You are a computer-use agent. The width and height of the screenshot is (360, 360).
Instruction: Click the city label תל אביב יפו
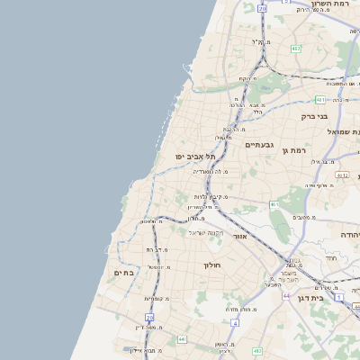(195, 157)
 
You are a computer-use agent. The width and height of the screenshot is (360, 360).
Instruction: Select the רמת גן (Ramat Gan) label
(294, 150)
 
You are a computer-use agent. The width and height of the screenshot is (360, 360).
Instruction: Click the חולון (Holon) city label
(212, 265)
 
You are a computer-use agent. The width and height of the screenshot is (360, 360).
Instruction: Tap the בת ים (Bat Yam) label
(123, 272)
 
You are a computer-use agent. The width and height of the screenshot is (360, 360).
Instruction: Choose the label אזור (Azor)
(239, 236)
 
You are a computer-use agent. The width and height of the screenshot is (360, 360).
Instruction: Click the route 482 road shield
(296, 49)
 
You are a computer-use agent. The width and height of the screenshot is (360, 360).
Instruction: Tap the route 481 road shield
(320, 100)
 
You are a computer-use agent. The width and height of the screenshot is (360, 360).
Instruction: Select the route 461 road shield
(274, 205)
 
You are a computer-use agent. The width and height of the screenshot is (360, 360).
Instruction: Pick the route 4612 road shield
(340, 175)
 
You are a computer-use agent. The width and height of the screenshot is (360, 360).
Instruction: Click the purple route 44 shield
(286, 295)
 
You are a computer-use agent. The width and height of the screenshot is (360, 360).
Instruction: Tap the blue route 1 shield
(338, 296)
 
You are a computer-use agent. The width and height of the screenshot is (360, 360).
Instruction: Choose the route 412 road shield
(257, 349)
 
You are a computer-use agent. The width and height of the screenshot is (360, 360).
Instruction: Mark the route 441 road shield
(181, 339)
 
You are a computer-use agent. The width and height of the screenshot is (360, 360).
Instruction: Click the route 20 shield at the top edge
(262, 7)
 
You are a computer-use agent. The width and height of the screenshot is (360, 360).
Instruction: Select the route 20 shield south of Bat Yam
(149, 318)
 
